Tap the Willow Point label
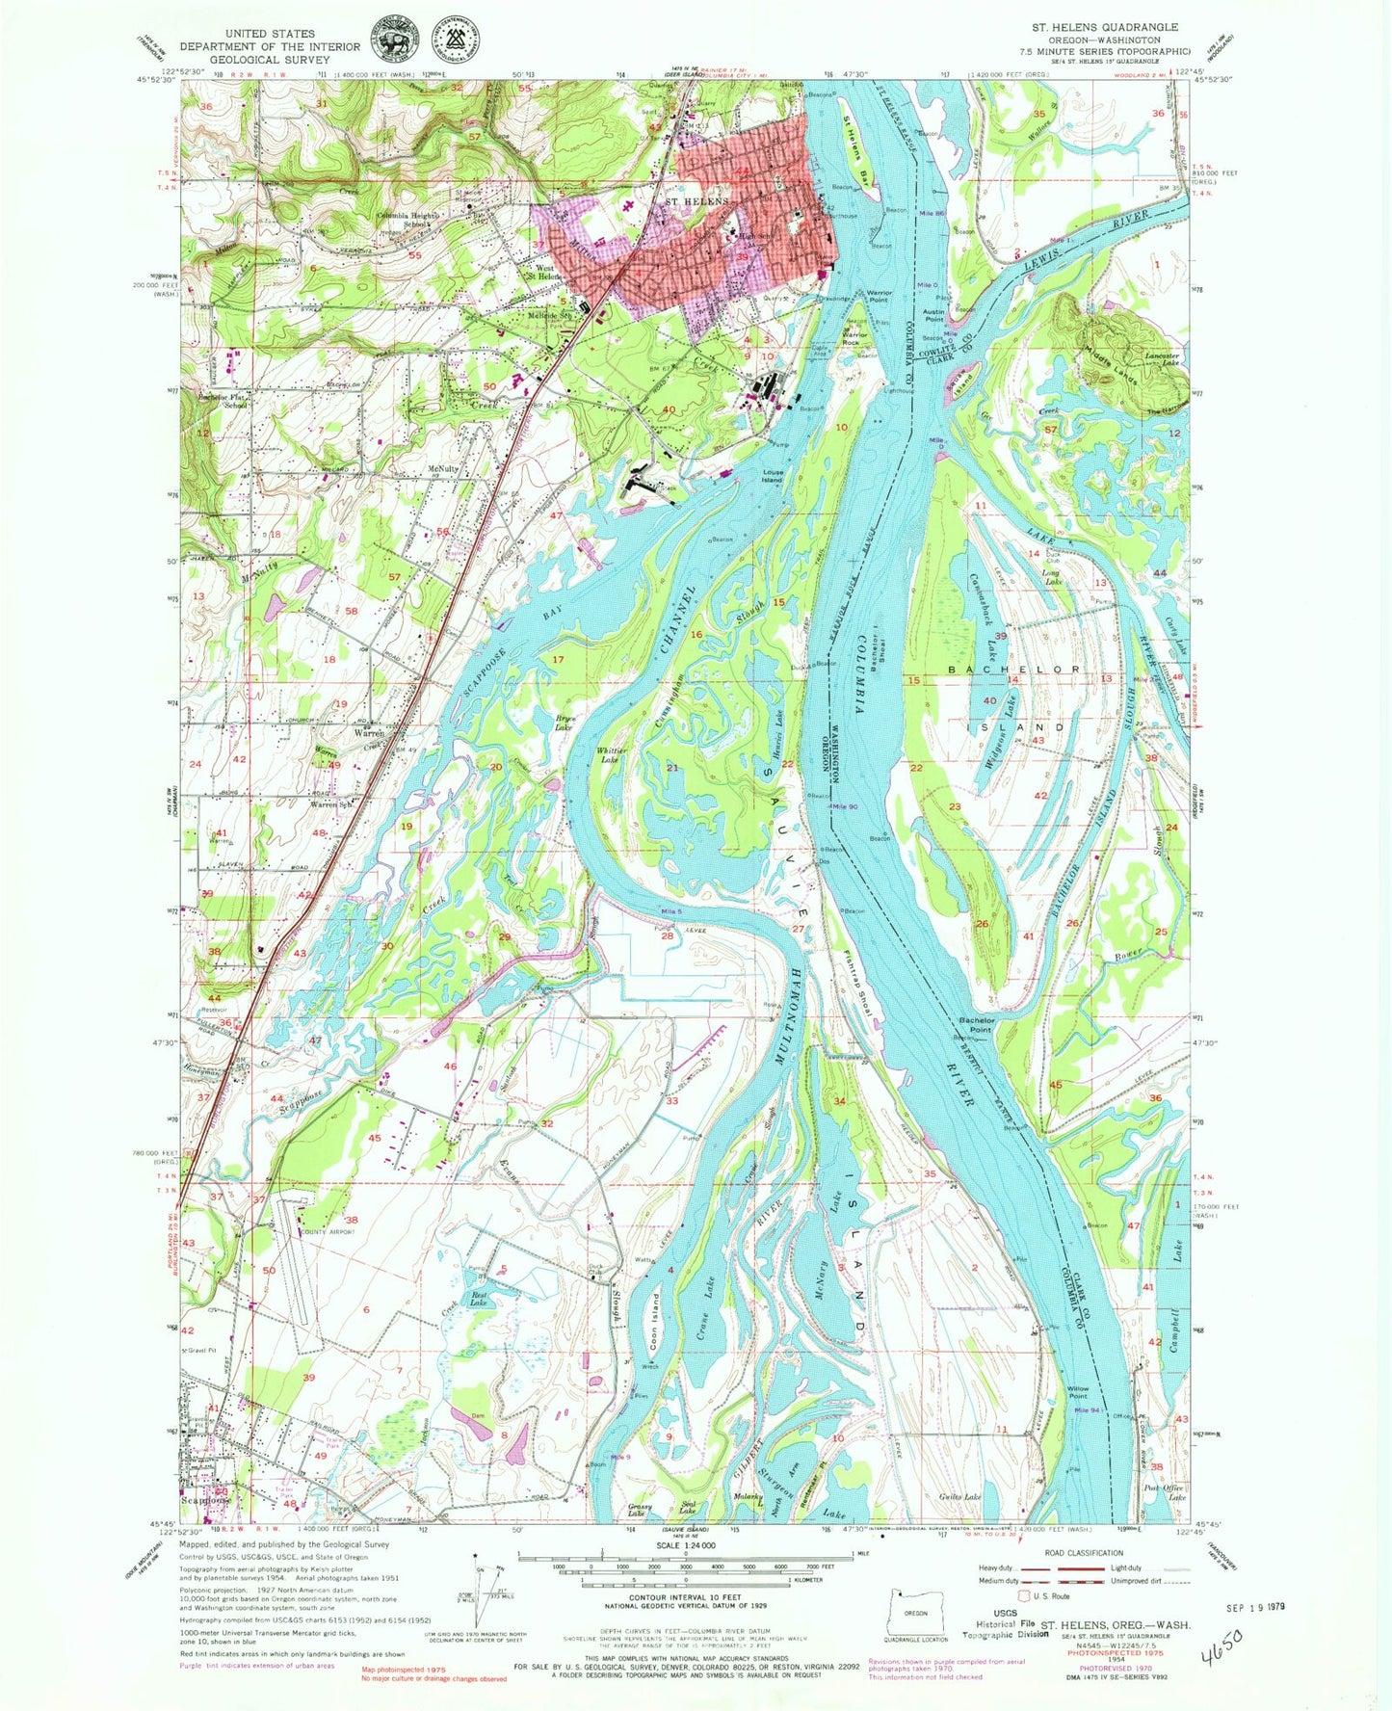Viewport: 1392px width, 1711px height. coord(1078,1392)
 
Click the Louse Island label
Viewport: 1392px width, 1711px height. coord(773,479)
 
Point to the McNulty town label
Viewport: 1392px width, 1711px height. coord(441,469)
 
